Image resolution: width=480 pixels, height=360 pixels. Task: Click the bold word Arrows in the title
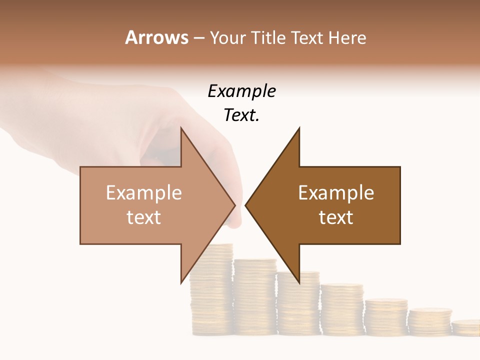pos(157,37)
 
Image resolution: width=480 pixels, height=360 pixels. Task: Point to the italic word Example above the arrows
pos(241,91)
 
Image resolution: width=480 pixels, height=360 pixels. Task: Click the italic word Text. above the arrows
pos(241,115)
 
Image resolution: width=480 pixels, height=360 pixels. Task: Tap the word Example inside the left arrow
pos(144,192)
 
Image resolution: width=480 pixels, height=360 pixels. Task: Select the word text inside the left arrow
pos(144,217)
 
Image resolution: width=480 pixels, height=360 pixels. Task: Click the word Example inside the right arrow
pos(336,192)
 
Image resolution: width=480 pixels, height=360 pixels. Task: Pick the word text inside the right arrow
pos(336,217)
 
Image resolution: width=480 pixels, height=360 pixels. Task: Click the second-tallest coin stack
pos(255,295)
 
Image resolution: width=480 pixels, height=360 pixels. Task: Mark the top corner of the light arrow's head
pos(181,128)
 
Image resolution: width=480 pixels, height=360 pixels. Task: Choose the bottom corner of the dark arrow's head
pos(299,282)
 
